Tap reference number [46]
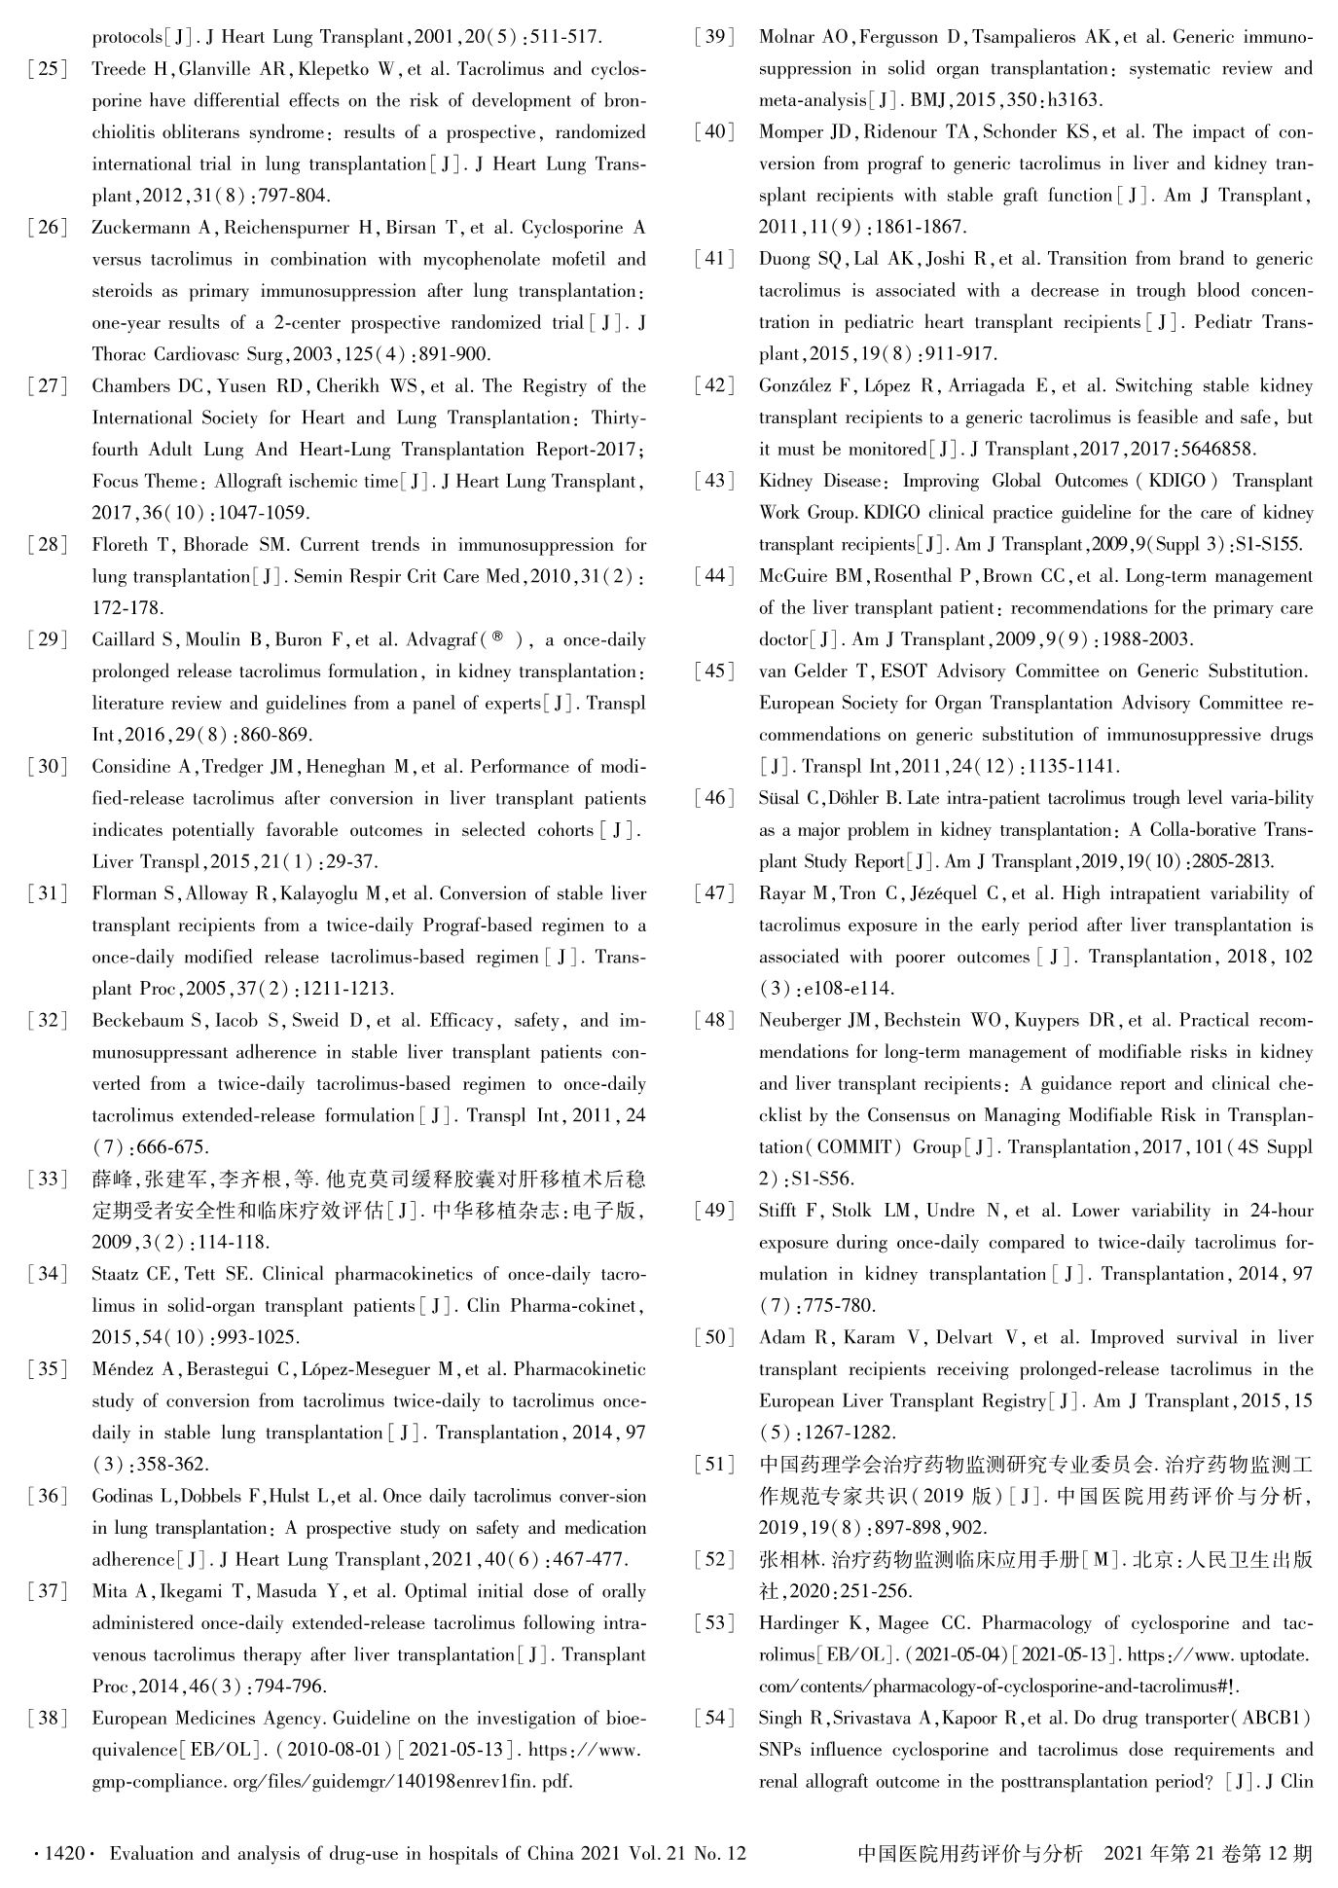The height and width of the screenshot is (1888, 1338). [714, 799]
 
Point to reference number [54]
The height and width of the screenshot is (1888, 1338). [714, 1719]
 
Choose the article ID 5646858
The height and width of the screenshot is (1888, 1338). [1217, 450]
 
